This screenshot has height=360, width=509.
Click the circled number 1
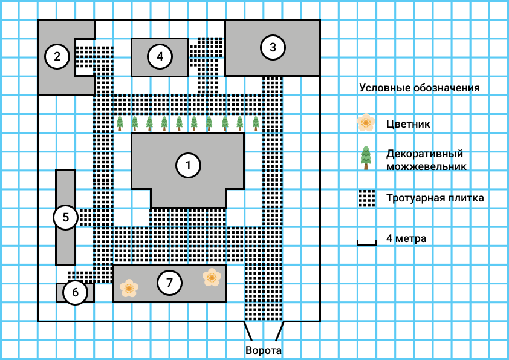pyautogui.click(x=188, y=165)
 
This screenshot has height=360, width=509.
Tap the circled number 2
pyautogui.click(x=57, y=57)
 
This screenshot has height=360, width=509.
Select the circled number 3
pyautogui.click(x=273, y=47)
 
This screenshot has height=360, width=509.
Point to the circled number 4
pyautogui.click(x=160, y=57)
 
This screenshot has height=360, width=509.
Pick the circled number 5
pyautogui.click(x=65, y=217)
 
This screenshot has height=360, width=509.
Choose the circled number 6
pyautogui.click(x=75, y=293)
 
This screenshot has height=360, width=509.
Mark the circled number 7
pyautogui.click(x=169, y=282)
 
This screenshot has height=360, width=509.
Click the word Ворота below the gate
pyautogui.click(x=264, y=350)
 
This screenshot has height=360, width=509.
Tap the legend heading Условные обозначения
pyautogui.click(x=420, y=88)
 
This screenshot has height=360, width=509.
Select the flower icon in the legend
pyautogui.click(x=366, y=123)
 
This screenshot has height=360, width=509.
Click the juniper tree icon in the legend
pyautogui.click(x=366, y=157)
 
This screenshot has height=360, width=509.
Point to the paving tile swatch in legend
pyautogui.click(x=366, y=198)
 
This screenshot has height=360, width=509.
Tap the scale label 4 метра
pyautogui.click(x=406, y=238)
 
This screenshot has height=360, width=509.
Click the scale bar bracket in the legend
pyautogui.click(x=366, y=243)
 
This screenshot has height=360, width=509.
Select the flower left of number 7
pyautogui.click(x=129, y=287)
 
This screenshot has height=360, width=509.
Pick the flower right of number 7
pyautogui.click(x=212, y=277)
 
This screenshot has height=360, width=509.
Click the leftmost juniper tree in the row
pyautogui.click(x=120, y=123)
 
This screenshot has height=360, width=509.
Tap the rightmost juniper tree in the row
pyautogui.click(x=256, y=123)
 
